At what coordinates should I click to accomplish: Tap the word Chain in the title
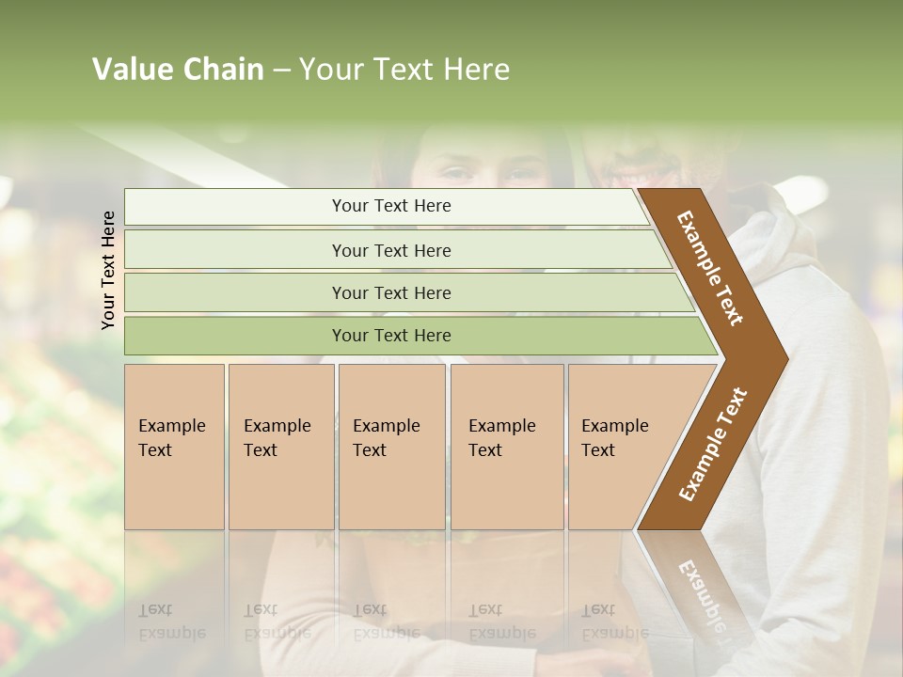coord(224,70)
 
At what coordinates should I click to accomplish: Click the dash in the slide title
coord(281,71)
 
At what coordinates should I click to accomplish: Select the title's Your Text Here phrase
coord(404,70)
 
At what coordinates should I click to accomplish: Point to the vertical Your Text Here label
coord(108,271)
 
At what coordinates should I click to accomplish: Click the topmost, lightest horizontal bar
coord(386,206)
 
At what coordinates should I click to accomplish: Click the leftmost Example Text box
coord(174,447)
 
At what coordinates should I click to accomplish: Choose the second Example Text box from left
coord(280,447)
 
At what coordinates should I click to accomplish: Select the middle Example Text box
coord(391,447)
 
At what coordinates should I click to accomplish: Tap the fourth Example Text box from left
coord(507,447)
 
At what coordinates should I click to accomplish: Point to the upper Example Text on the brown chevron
coord(710,268)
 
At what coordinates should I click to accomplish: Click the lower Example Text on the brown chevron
coord(713,444)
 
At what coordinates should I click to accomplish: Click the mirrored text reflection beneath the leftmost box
coord(171,622)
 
